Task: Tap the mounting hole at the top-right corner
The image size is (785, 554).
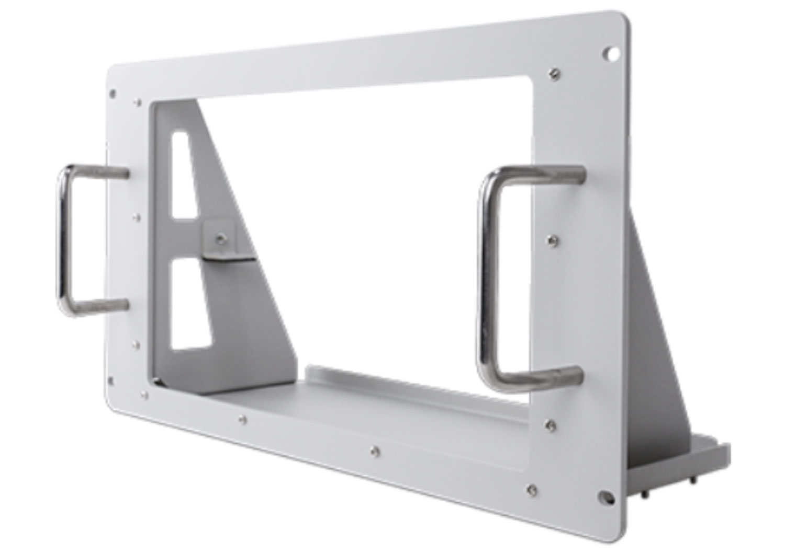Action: [x=610, y=53]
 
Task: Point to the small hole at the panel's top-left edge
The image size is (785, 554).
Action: [x=112, y=94]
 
